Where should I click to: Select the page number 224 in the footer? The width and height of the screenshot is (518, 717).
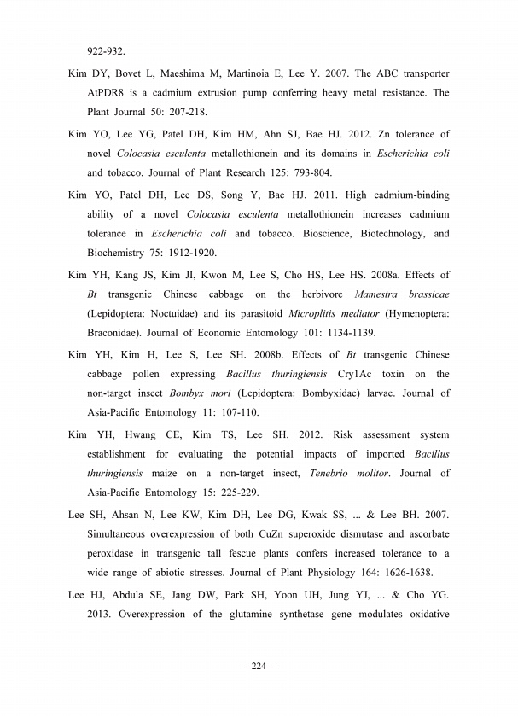point(259,667)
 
